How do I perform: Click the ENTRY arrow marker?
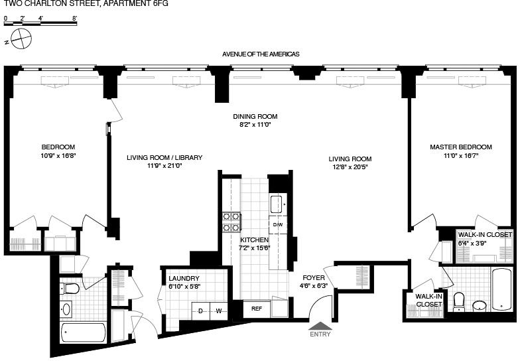point(320,325)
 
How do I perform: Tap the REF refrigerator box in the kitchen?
point(256,309)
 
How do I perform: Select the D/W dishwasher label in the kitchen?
point(277,225)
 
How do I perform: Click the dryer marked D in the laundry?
point(200,310)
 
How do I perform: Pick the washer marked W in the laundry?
point(218,310)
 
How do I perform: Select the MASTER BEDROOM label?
point(460,147)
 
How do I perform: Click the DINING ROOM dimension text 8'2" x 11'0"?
point(255,124)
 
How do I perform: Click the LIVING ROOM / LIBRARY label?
point(164,157)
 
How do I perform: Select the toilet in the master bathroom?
point(458,301)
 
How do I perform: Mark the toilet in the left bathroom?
point(70,289)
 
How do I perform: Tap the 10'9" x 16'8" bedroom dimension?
point(58,156)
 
